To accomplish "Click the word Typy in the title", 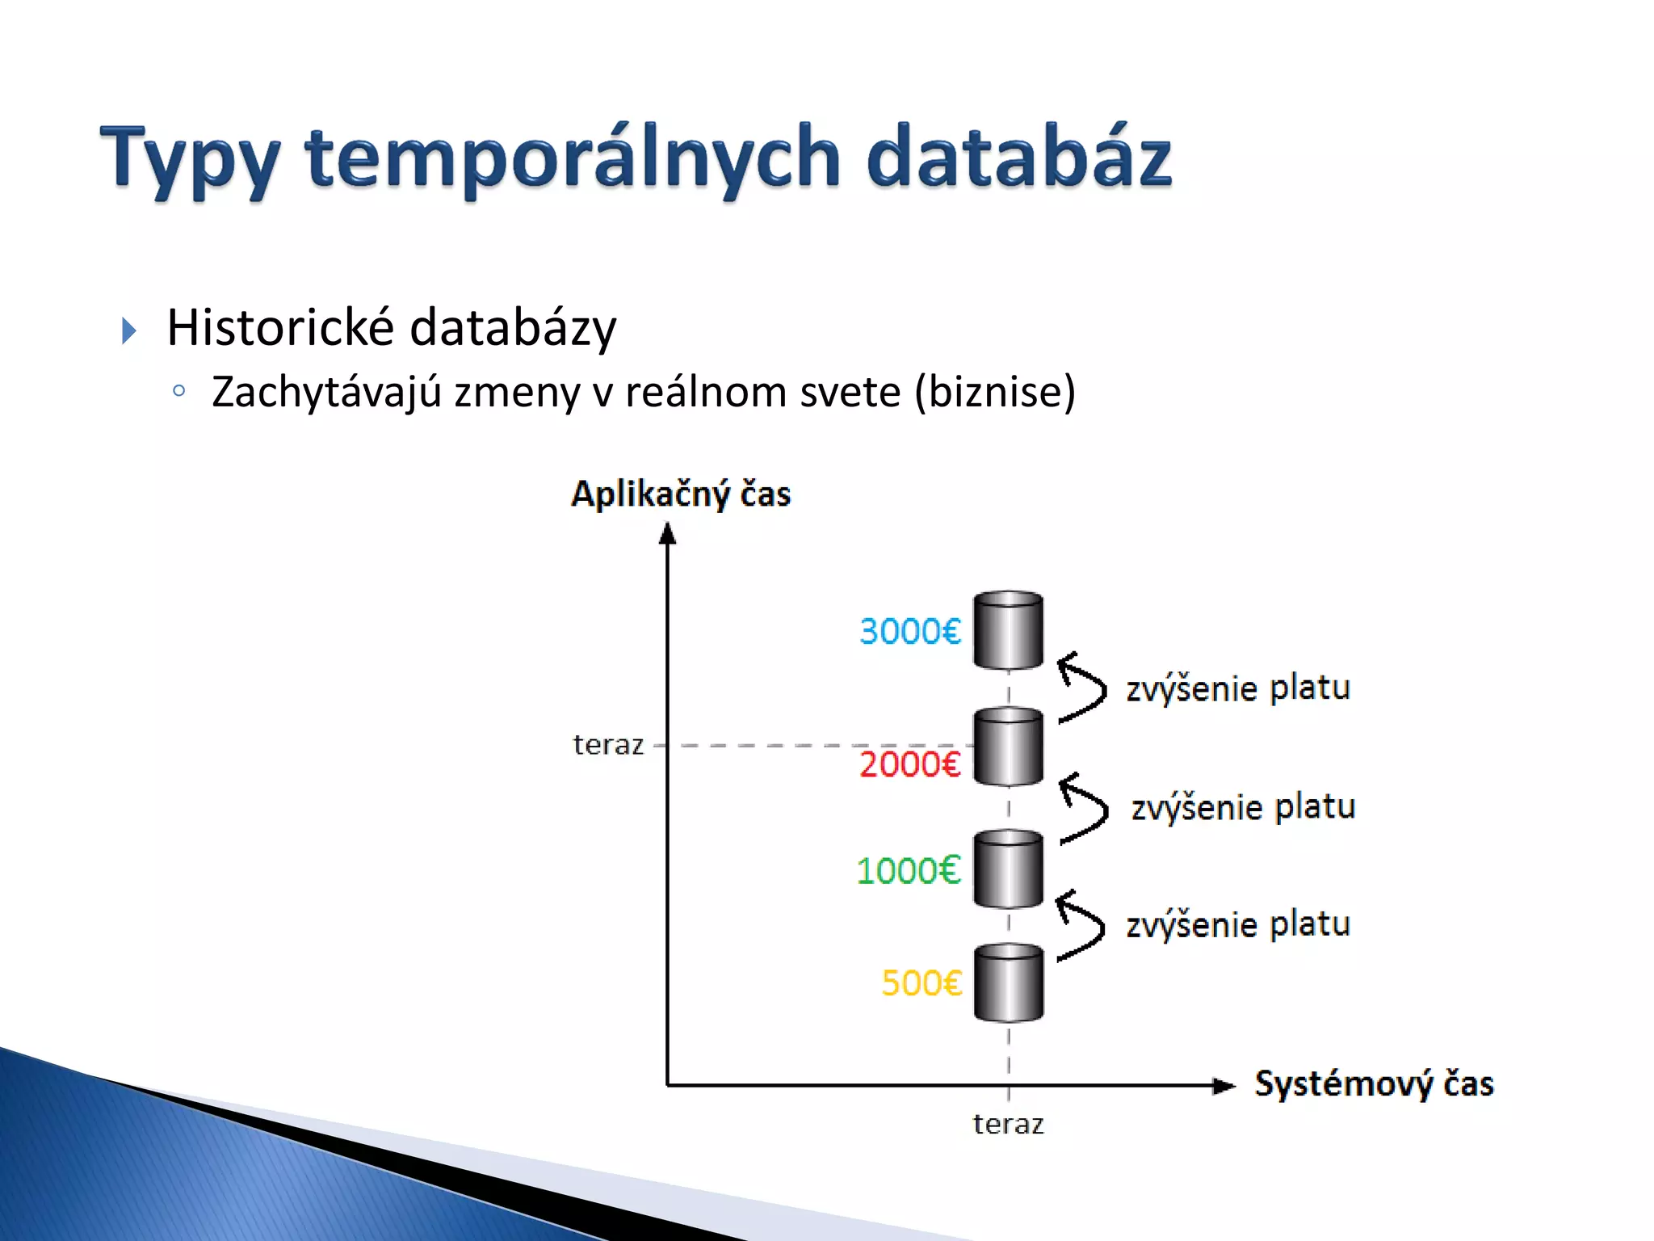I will [x=191, y=159].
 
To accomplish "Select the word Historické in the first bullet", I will [x=280, y=327].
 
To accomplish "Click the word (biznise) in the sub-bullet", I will [x=995, y=392].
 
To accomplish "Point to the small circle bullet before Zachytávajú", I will [x=179, y=392].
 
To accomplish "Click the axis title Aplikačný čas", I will [x=680, y=494].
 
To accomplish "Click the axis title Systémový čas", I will [x=1373, y=1083].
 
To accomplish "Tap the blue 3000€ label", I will [x=909, y=631].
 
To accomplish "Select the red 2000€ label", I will [x=909, y=764].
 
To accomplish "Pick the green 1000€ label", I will [x=908, y=871].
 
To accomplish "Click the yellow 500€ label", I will [x=921, y=983].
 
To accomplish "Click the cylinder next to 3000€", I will [x=1008, y=630].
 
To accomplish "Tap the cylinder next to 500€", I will [x=1008, y=982].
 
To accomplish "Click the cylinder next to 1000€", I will [x=1008, y=869].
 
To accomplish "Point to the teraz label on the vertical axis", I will [x=607, y=745].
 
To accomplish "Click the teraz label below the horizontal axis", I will [x=1008, y=1124].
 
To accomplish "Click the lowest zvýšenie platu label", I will [x=1237, y=923].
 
